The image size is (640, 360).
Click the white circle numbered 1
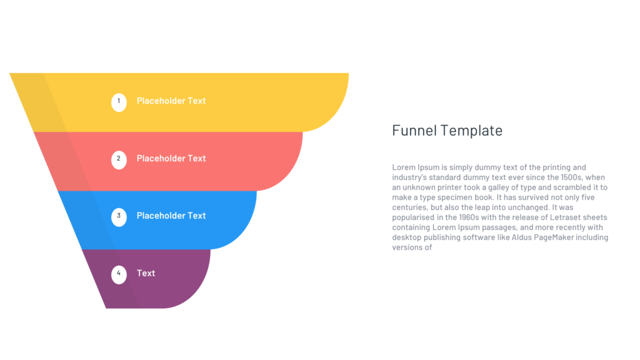click(119, 102)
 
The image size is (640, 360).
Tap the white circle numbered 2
click(119, 159)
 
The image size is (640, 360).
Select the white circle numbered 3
click(119, 217)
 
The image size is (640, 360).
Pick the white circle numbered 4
click(119, 274)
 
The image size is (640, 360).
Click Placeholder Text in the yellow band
click(171, 101)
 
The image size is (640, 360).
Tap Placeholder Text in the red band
click(171, 158)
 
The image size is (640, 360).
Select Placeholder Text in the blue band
click(171, 216)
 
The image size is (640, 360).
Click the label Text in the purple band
click(146, 273)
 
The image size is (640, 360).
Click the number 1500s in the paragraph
click(571, 177)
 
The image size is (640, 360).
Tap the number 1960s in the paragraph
click(469, 217)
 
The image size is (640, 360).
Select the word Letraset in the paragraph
click(565, 217)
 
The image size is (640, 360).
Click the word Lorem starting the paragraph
click(404, 167)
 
